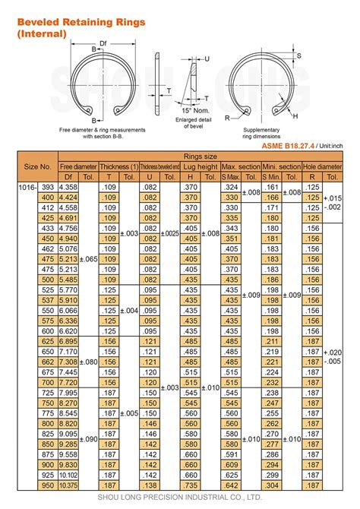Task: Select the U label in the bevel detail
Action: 207,58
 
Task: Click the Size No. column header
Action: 38,166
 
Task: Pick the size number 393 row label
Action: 47,186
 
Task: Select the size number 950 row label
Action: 47,485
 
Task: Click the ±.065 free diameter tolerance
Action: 88,259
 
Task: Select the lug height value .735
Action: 190,485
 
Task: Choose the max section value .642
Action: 230,485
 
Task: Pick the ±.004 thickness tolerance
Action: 129,311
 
